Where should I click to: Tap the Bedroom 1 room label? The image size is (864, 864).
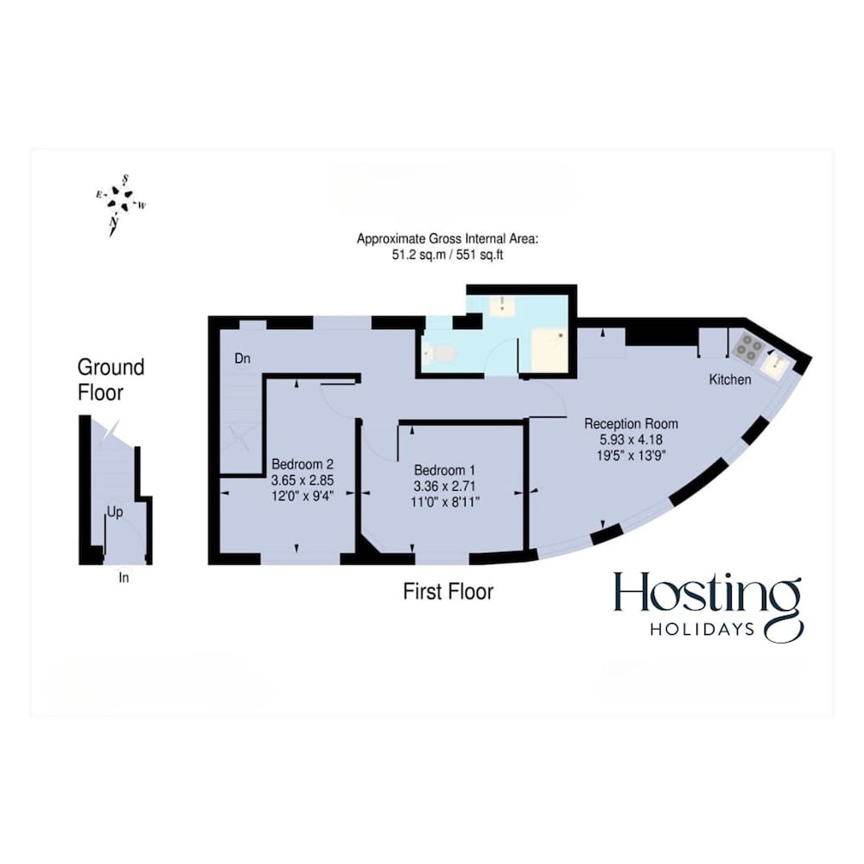(444, 470)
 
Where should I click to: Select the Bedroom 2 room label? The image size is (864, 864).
(302, 464)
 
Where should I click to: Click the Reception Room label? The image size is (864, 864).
(631, 423)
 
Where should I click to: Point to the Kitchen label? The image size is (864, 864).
(729, 379)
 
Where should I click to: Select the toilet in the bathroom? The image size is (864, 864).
(438, 353)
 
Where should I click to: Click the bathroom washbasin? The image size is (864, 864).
(502, 305)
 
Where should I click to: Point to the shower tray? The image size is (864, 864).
(549, 349)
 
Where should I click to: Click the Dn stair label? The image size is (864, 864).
(243, 359)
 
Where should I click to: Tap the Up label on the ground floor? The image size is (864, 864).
(115, 512)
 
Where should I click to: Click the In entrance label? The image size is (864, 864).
(124, 577)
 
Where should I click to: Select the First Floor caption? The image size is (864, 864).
(448, 592)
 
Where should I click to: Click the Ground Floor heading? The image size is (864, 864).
(111, 379)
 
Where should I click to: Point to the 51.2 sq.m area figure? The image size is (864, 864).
(418, 255)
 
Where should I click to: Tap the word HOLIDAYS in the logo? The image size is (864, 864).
(702, 629)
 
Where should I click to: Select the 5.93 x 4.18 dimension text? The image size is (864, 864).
(631, 440)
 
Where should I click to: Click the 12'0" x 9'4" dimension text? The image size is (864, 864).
(302, 496)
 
